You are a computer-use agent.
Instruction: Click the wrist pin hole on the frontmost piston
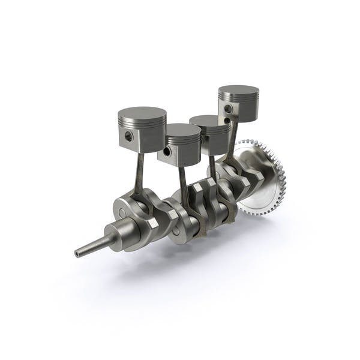tap(129, 137)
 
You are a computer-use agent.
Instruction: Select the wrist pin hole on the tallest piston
tap(228, 109)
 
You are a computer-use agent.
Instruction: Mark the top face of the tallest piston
tap(238, 91)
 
